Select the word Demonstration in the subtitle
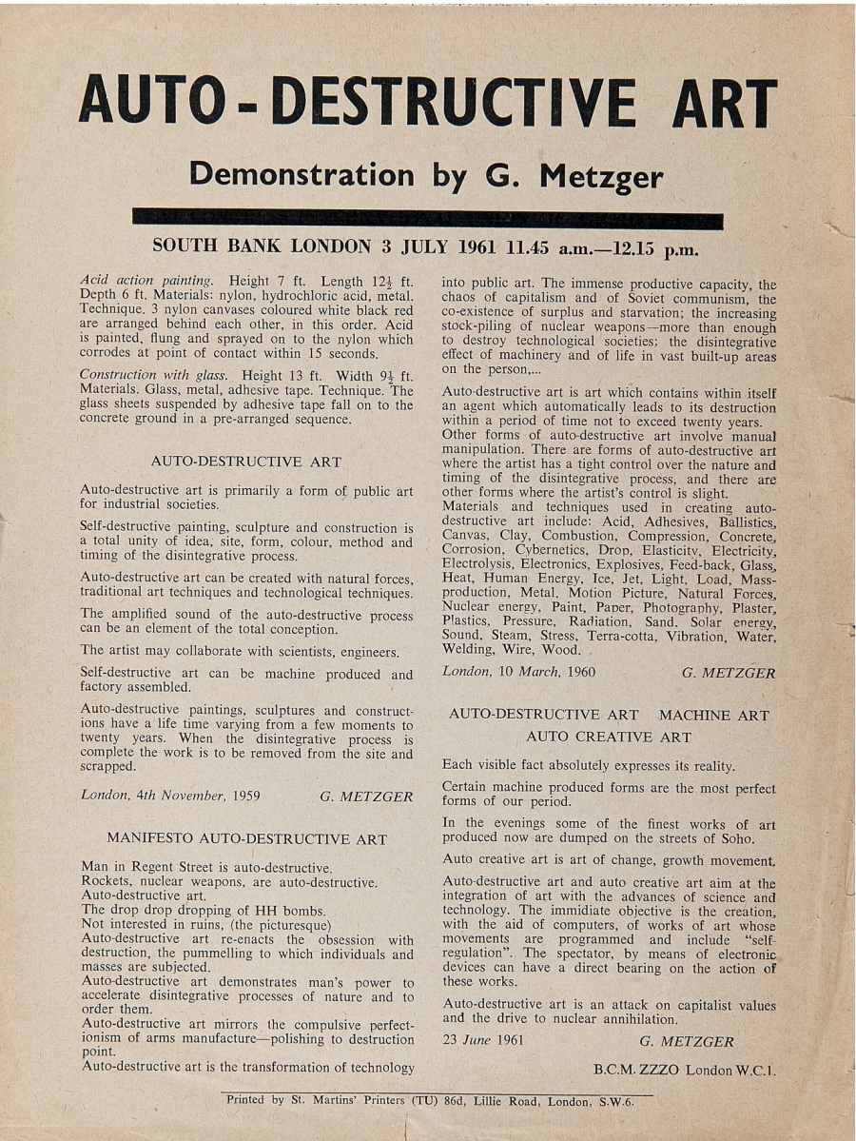pos(302,175)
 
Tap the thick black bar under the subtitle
pos(428,220)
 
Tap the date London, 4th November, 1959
pos(170,797)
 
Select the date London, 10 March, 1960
pos(518,673)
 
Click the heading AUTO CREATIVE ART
pos(609,737)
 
